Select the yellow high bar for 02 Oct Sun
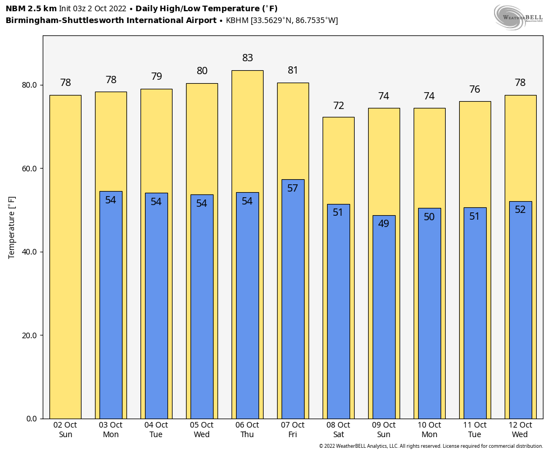coord(65,257)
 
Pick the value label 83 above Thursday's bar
coord(247,58)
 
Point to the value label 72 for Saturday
coord(338,106)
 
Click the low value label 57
coord(293,188)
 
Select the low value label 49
coord(384,224)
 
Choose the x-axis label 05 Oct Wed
coord(202,430)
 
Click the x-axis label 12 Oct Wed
coord(520,430)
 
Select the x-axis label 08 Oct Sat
coord(338,430)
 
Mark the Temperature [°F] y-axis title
coord(12,227)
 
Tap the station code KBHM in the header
coord(238,20)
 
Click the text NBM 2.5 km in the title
coord(31,8)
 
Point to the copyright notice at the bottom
coord(431,446)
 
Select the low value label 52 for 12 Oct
coord(520,210)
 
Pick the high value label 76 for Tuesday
coord(475,89)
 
